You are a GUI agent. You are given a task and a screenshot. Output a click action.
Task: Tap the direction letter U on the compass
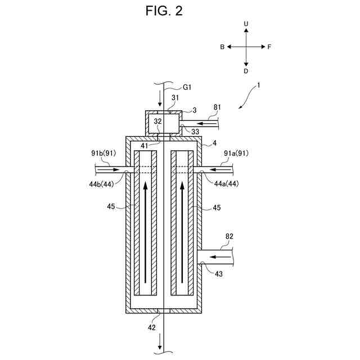coord(246,24)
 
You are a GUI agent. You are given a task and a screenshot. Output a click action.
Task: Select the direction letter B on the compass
coord(223,47)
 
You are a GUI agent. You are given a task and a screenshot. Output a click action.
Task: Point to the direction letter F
coord(269,47)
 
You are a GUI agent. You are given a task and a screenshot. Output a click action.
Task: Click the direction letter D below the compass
coord(246,71)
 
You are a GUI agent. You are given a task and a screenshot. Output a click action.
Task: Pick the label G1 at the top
coord(187,87)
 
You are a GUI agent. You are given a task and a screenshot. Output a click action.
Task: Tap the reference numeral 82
coord(229,237)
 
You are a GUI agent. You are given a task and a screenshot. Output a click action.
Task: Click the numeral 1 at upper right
coord(258,86)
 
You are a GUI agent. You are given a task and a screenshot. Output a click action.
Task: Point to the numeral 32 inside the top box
coord(159,120)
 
